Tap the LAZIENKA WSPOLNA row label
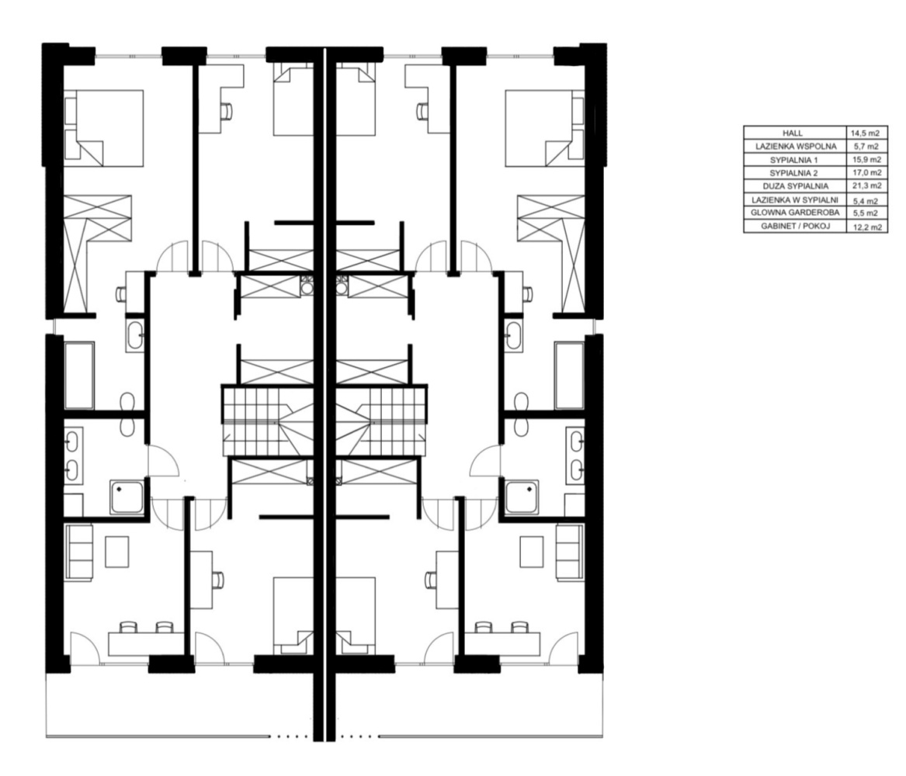tap(795, 147)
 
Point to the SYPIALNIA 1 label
tap(794, 160)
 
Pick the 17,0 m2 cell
tap(866, 172)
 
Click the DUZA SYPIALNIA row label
tap(795, 186)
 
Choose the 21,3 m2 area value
tap(867, 186)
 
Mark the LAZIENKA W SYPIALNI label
tap(794, 199)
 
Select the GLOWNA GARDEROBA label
tap(794, 213)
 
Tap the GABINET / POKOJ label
tap(795, 227)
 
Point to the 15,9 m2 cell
tap(866, 160)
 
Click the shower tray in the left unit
tap(127, 497)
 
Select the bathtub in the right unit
tap(569, 376)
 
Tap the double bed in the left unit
tap(103, 128)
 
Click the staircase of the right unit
tap(382, 421)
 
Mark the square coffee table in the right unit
tap(532, 552)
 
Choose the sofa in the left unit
tap(79, 552)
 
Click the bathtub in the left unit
tap(79, 376)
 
